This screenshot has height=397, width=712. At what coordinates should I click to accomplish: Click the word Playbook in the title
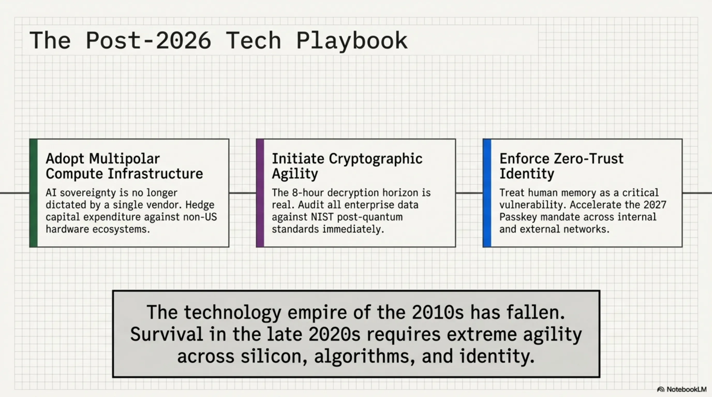click(352, 41)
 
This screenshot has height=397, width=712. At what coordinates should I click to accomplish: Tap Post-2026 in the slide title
click(149, 41)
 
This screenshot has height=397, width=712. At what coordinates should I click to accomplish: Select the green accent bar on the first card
click(33, 193)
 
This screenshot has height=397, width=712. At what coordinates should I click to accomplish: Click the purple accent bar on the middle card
click(260, 193)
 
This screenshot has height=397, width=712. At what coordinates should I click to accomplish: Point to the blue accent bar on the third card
click(487, 193)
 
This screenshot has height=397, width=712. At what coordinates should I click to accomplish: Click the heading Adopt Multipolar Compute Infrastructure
click(124, 166)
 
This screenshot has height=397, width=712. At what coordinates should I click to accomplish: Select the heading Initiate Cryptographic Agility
click(347, 166)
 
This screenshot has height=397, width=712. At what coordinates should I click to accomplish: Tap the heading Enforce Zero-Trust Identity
click(561, 166)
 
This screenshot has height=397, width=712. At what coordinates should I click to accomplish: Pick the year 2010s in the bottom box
click(438, 312)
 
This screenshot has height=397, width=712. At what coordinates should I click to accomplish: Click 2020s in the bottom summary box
click(335, 334)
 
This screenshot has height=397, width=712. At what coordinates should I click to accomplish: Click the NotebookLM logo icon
click(661, 390)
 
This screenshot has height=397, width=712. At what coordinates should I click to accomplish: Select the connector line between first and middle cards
click(243, 193)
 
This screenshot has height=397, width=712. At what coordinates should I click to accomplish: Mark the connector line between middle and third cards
click(469, 193)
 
